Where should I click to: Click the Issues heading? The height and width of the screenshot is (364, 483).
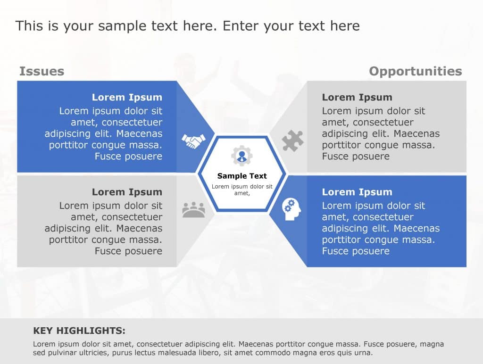pyautogui.click(x=42, y=71)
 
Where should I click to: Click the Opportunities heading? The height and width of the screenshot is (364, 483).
pyautogui.click(x=415, y=71)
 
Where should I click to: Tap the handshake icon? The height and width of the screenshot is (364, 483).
pyautogui.click(x=194, y=141)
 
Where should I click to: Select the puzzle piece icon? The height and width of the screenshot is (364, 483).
pyautogui.click(x=292, y=141)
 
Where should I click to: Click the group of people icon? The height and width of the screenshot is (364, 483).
pyautogui.click(x=194, y=210)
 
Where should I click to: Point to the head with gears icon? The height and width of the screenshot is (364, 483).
pyautogui.click(x=291, y=209)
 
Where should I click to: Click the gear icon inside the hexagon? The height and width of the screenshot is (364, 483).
pyautogui.click(x=242, y=156)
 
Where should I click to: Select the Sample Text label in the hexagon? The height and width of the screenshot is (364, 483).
pyautogui.click(x=242, y=176)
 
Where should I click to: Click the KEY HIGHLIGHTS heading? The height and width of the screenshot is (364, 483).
pyautogui.click(x=79, y=331)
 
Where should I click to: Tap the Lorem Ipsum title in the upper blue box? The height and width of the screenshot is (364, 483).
pyautogui.click(x=127, y=98)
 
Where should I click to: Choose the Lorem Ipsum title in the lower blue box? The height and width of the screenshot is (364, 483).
pyautogui.click(x=357, y=192)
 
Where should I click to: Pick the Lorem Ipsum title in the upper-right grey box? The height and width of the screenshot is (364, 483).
pyautogui.click(x=357, y=98)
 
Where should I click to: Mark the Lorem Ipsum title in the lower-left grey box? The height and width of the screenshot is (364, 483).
pyautogui.click(x=127, y=192)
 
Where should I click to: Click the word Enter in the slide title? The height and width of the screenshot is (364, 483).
pyautogui.click(x=241, y=25)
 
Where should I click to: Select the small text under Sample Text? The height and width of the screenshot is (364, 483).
pyautogui.click(x=242, y=190)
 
